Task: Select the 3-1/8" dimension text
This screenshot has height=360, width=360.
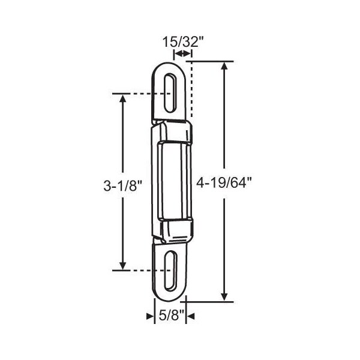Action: (123, 185)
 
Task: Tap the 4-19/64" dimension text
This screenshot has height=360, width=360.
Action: (224, 183)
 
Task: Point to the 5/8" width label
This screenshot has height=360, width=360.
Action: (172, 316)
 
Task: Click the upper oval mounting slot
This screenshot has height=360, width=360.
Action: (170, 93)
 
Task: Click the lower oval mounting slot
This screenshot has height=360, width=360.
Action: (170, 271)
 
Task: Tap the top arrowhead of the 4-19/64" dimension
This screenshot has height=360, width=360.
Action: (224, 66)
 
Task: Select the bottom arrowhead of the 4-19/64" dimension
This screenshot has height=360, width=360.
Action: (224, 297)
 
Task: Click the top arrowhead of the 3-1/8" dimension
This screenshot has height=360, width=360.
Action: (123, 98)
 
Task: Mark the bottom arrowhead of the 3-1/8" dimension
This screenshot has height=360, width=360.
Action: (123, 266)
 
